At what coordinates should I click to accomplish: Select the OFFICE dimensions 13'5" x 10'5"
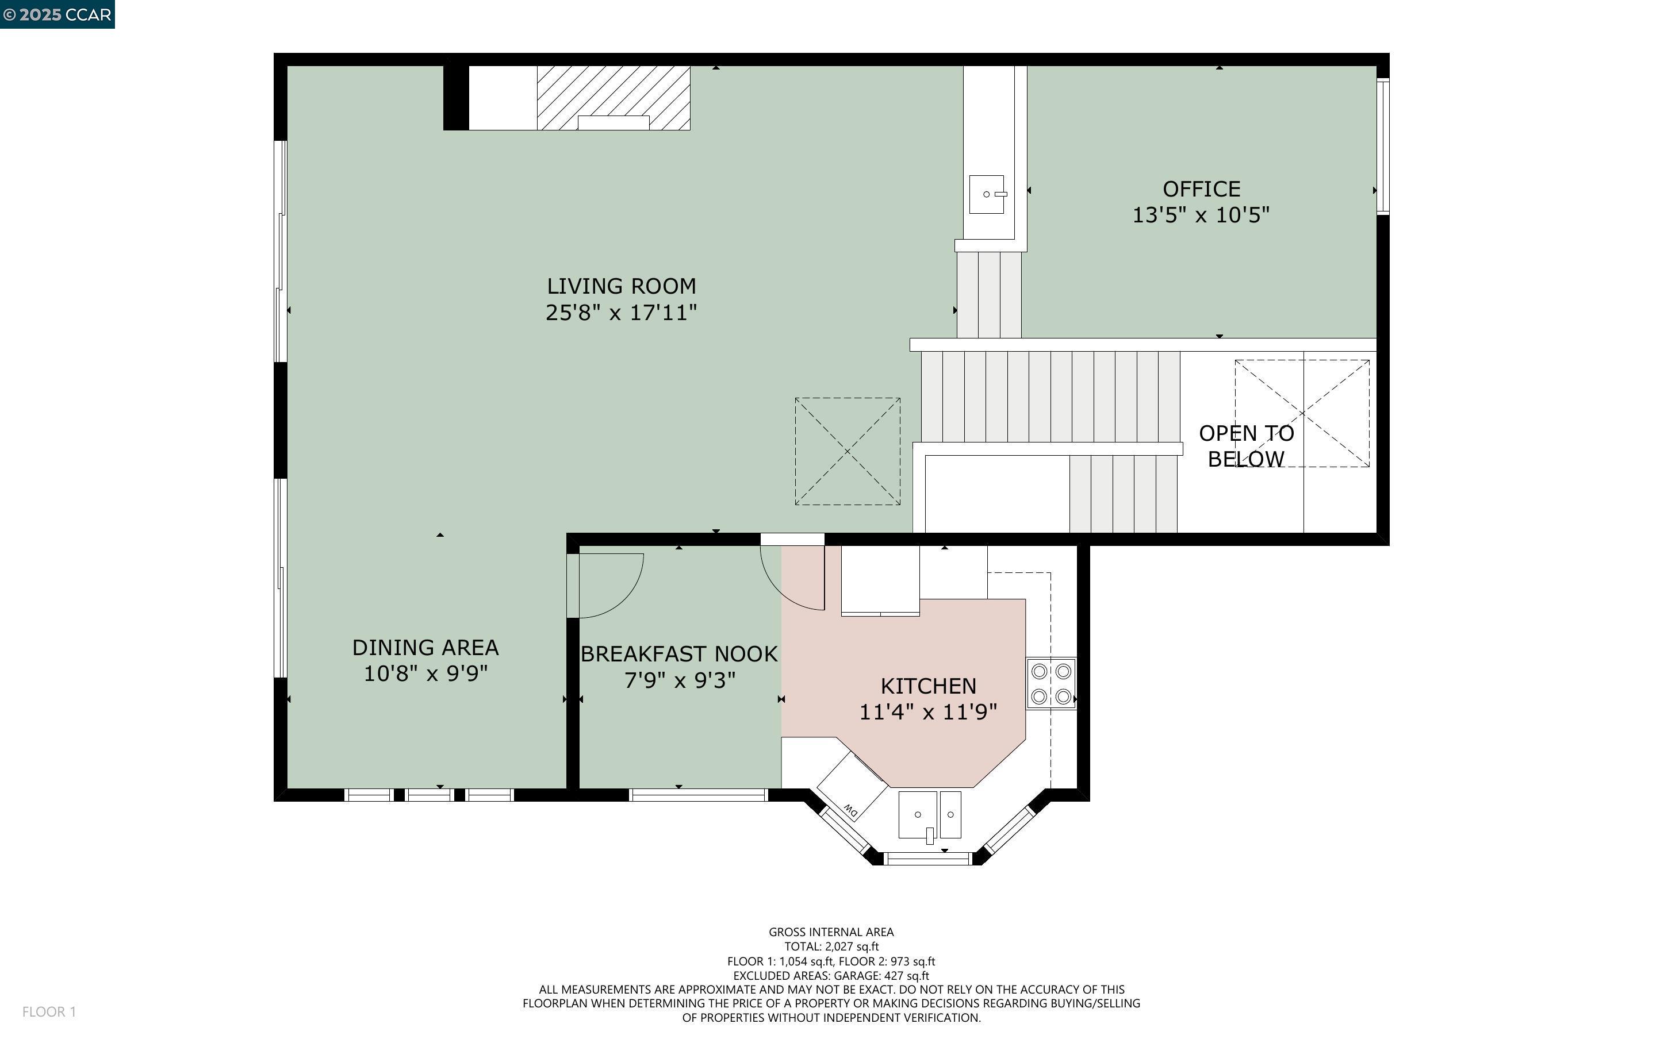[x=1200, y=215]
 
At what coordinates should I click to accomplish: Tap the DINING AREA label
[x=425, y=647]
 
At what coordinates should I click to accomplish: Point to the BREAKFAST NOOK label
[x=679, y=654]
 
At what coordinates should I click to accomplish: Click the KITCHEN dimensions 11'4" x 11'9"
[x=928, y=712]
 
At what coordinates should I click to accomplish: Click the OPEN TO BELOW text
[x=1245, y=446]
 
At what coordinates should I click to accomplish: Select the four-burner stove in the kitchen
[x=1051, y=684]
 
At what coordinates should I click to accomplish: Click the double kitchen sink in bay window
[x=929, y=815]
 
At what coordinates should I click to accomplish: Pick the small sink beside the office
[x=986, y=194]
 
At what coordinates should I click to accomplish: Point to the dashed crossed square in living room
[x=847, y=452]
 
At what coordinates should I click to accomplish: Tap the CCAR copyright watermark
[x=57, y=14]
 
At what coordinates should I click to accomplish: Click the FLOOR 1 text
[x=49, y=1011]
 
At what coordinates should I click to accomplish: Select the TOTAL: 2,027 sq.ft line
[x=831, y=946]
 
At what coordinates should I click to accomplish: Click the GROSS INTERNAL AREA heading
[x=831, y=932]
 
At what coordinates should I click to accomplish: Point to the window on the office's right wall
[x=1382, y=146]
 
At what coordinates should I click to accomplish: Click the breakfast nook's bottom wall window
[x=697, y=795]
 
